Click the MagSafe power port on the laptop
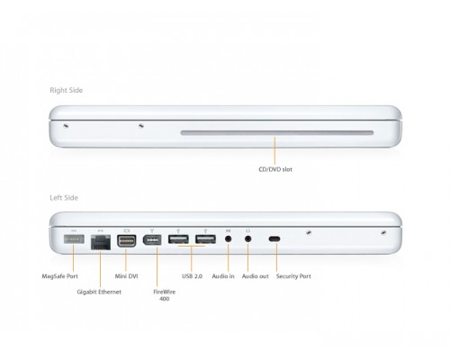(74, 239)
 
